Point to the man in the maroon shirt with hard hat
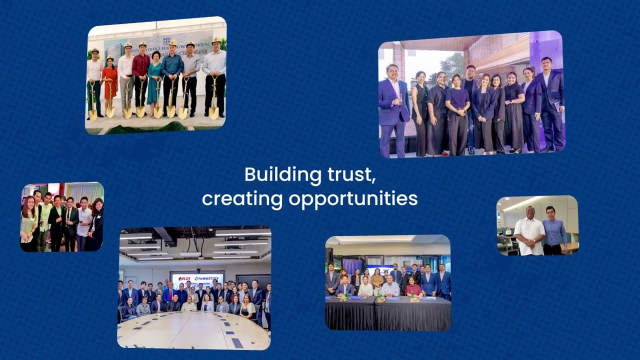[x=140, y=75]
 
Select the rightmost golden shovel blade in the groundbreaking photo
[x=214, y=112]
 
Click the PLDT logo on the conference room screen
[x=184, y=278]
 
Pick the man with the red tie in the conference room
[x=170, y=295]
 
